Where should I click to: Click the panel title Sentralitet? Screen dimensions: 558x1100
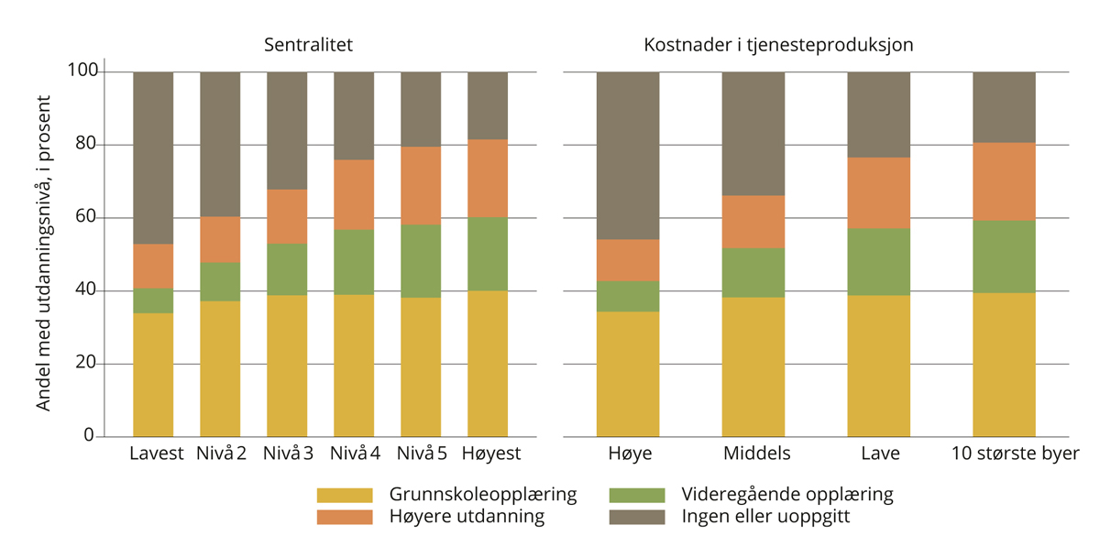[308, 45]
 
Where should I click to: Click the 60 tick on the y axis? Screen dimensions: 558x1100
[85, 217]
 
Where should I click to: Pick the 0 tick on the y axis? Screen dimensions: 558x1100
[89, 435]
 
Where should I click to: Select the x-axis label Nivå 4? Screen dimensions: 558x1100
[354, 454]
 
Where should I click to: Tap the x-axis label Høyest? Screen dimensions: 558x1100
[490, 454]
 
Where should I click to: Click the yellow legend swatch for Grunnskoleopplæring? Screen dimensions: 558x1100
[345, 495]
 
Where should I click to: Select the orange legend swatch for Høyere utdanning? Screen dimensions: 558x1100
[345, 517]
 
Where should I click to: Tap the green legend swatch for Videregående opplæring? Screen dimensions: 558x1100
[636, 495]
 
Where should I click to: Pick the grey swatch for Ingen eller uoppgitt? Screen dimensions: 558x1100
[636, 517]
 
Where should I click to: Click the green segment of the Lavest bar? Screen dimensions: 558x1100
[153, 301]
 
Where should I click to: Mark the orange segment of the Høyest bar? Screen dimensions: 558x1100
[488, 178]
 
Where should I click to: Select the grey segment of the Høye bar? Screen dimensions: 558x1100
[628, 156]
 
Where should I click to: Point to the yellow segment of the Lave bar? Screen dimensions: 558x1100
[878, 366]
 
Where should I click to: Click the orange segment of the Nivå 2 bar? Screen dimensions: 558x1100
[220, 240]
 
